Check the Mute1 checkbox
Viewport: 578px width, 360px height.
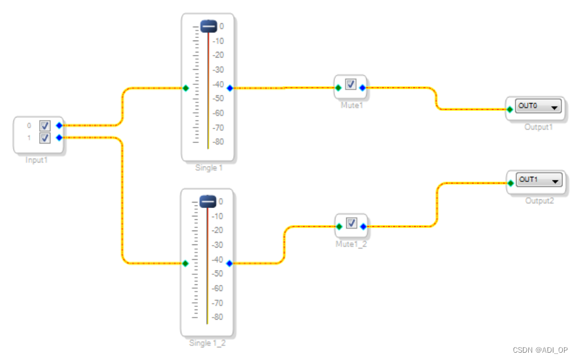point(350,84)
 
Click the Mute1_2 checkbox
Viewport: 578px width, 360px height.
point(351,223)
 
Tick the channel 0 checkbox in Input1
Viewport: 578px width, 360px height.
point(45,126)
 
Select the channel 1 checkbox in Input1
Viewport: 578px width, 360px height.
point(45,138)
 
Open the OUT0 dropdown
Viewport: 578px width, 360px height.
point(554,106)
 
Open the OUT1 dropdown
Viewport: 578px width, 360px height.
point(554,180)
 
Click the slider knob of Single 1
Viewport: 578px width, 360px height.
point(209,27)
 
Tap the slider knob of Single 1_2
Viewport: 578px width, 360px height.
point(208,201)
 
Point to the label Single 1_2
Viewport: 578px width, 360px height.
point(208,343)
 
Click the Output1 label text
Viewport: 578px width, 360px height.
point(538,127)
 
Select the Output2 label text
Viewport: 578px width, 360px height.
point(538,201)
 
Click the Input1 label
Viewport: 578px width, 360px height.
point(37,160)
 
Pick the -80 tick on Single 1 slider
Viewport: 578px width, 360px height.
point(219,142)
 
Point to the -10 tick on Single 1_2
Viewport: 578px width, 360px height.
point(218,216)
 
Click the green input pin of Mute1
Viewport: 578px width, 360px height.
point(338,87)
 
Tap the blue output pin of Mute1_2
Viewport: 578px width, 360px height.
point(363,226)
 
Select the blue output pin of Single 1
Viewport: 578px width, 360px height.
point(230,88)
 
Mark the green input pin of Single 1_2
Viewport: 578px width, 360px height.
point(185,263)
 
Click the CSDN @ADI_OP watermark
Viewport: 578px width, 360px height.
point(540,350)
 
